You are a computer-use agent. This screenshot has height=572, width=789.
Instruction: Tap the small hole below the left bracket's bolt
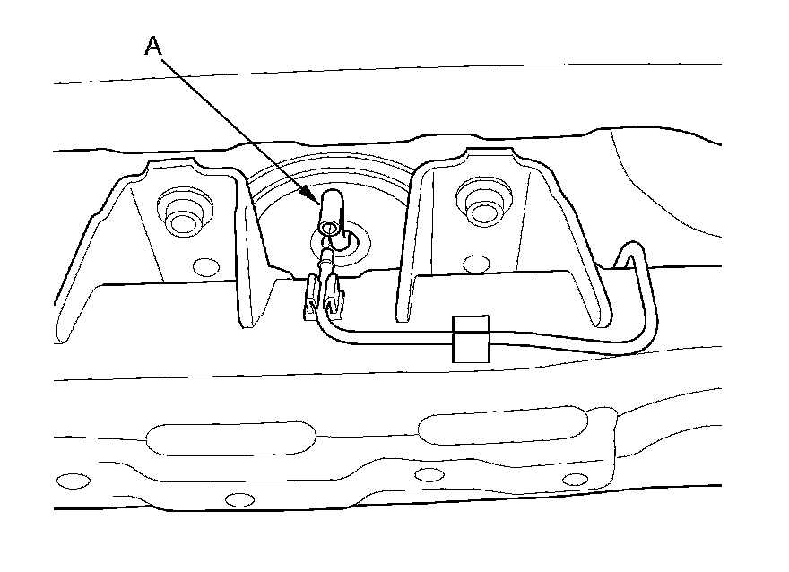(x=205, y=265)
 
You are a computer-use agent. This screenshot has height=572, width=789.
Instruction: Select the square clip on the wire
(x=472, y=339)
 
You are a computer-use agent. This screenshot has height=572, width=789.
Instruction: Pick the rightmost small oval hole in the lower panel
(x=575, y=480)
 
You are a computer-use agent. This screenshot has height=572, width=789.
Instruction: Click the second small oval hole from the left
(x=238, y=499)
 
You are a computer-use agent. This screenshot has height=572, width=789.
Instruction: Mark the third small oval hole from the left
(x=429, y=474)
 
